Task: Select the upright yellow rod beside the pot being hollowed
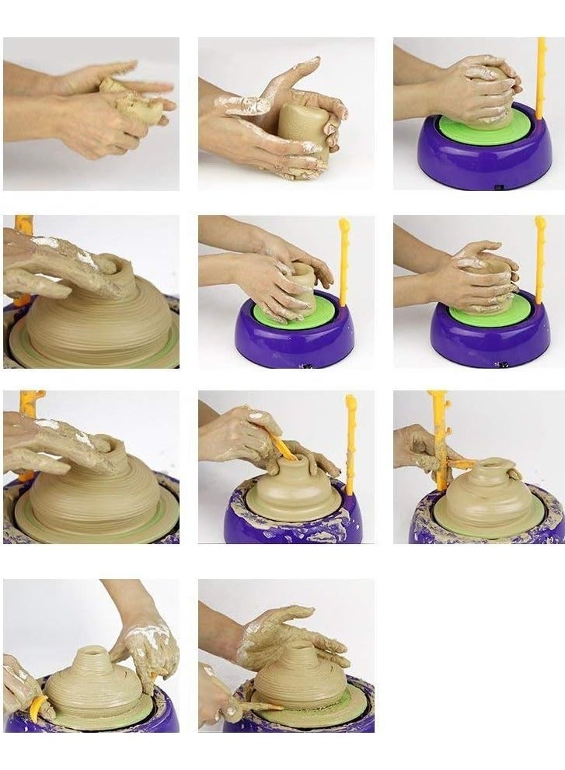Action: pos(351,442)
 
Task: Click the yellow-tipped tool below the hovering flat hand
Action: pos(241,706)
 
